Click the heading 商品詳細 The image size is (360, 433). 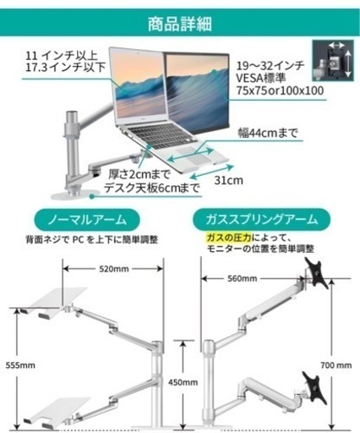coord(180,24)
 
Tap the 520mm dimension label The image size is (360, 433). coord(114,269)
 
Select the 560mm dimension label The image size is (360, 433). coord(242,278)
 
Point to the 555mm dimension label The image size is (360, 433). coord(20,365)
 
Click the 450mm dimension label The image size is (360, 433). coord(183,382)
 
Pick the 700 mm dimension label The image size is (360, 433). coord(336,365)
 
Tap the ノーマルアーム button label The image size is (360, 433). coord(87,220)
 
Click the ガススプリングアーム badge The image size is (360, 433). coord(261,219)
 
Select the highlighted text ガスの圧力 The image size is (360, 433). coord(228,238)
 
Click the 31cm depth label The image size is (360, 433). coord(228,180)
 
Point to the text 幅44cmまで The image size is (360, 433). coord(268,133)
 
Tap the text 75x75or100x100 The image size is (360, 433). coord(280,90)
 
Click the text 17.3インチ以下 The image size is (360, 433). coord(65,67)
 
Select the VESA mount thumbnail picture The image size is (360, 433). coord(333,61)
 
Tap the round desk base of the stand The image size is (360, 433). coord(75,195)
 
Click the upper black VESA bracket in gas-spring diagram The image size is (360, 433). coord(317,272)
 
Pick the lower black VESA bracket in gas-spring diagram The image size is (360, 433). coord(314,387)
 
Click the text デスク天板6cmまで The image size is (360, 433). coord(152,188)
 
